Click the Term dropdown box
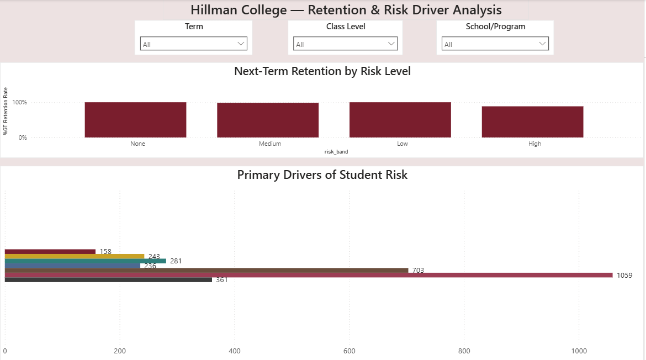click(193, 44)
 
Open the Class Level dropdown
click(346, 44)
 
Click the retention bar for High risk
click(532, 121)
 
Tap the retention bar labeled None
click(135, 120)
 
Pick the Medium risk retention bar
click(268, 120)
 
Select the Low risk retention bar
click(400, 120)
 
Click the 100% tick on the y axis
click(19, 103)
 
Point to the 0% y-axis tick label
click(22, 137)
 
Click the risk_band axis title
click(336, 151)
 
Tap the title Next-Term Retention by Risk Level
click(322, 71)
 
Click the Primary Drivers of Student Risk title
click(322, 175)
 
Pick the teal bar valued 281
click(85, 261)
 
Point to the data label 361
click(221, 280)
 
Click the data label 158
click(105, 252)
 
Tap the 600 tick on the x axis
click(349, 351)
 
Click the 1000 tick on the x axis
click(579, 351)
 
